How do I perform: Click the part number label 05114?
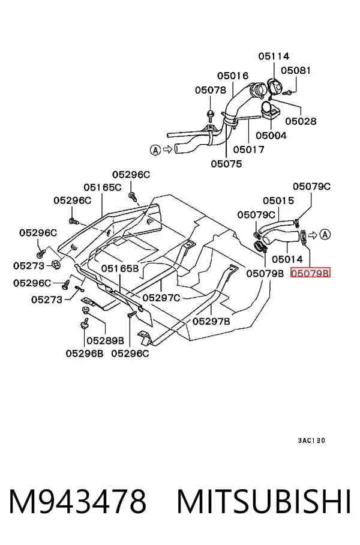pyautogui.click(x=274, y=56)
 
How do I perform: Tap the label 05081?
pyautogui.click(x=296, y=70)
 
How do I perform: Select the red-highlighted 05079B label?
pyautogui.click(x=310, y=273)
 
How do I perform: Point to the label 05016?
pyautogui.click(x=233, y=76)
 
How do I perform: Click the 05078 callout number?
pyautogui.click(x=210, y=90)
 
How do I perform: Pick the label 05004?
pyautogui.click(x=271, y=135)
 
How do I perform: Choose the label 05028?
pyautogui.click(x=301, y=121)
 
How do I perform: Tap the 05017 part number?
pyautogui.click(x=249, y=149)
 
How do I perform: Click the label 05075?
pyautogui.click(x=226, y=164)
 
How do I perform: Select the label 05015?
pyautogui.click(x=278, y=200)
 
